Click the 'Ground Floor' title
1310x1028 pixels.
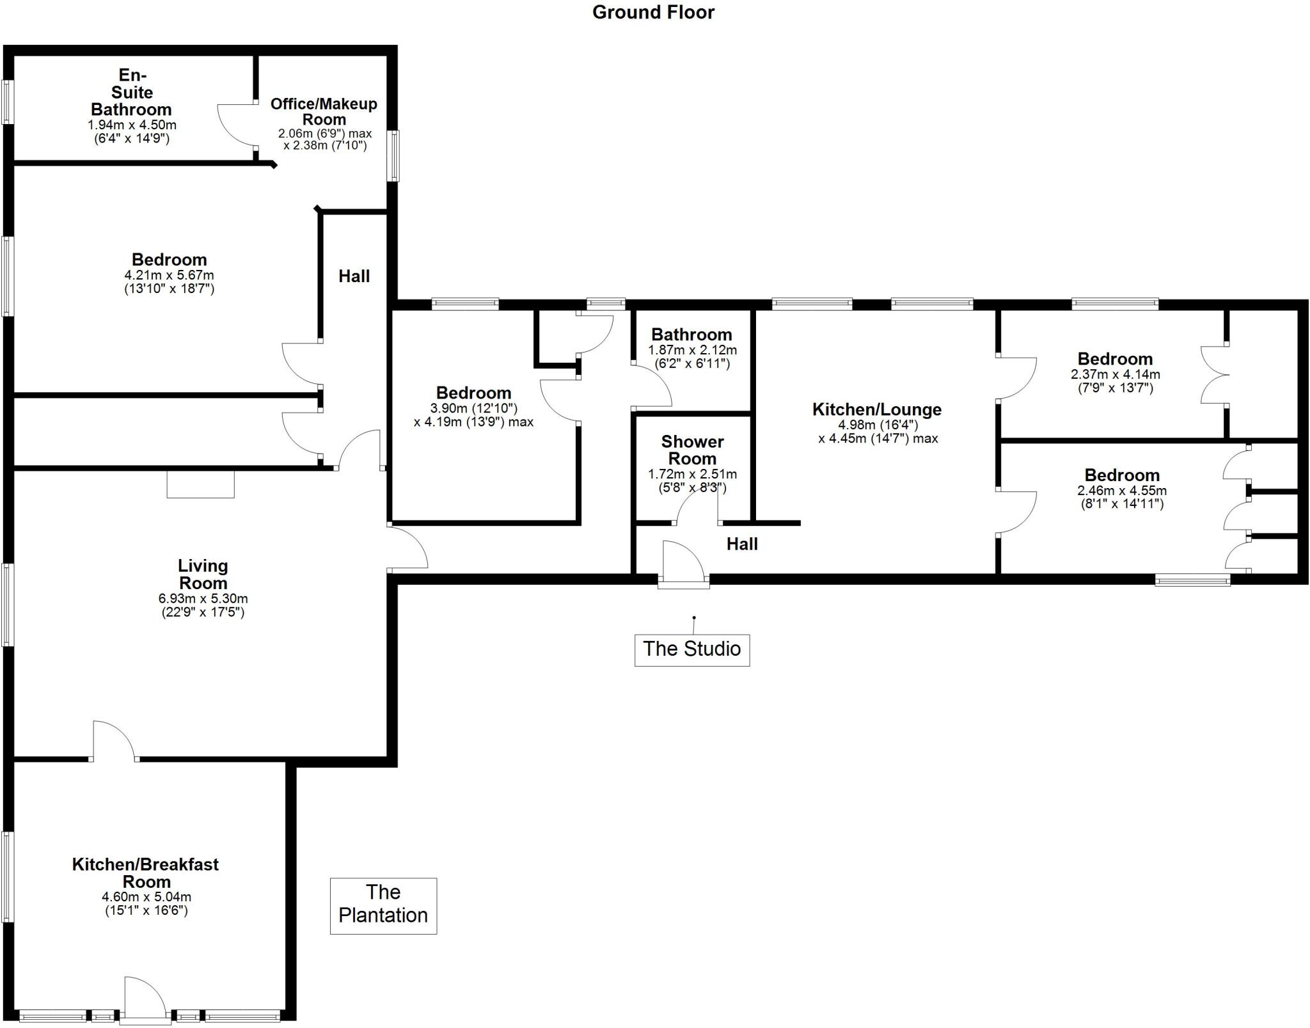653,12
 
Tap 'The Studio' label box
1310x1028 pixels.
691,649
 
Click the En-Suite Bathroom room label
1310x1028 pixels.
131,93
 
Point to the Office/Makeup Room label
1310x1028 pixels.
324,111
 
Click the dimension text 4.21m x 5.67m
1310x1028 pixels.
170,275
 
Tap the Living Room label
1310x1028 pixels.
203,574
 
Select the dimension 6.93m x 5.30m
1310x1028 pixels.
203,599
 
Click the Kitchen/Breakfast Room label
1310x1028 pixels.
145,873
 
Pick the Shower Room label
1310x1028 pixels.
692,450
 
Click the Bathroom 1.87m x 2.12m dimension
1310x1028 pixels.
692,350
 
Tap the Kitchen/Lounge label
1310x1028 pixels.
876,409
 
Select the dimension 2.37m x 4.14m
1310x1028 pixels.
1115,374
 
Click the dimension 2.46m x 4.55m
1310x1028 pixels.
1121,491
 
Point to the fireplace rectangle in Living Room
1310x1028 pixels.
200,484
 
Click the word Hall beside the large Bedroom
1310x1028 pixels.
354,276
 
